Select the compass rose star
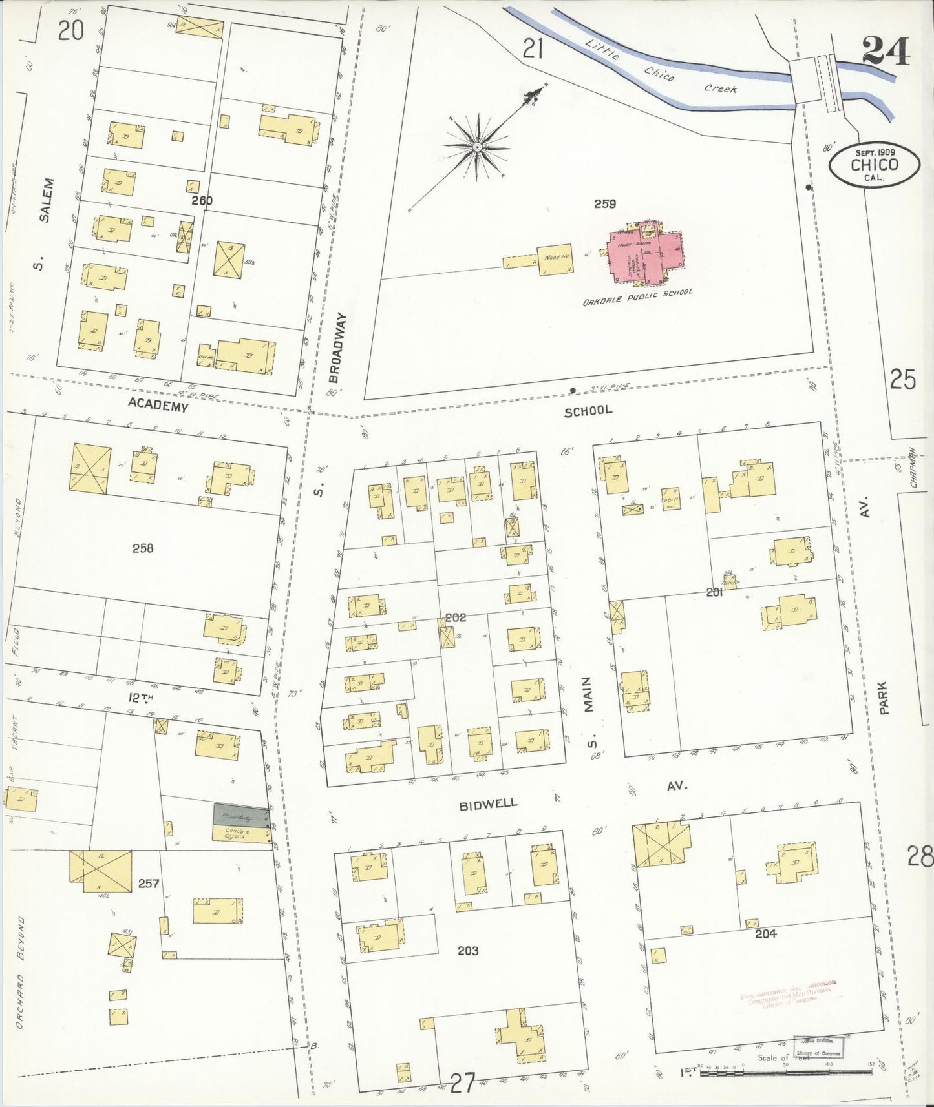coord(477,147)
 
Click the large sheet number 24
coord(886,51)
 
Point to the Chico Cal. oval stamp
coord(875,164)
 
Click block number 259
coord(604,204)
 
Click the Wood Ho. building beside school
coord(555,258)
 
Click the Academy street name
coord(158,406)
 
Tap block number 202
coord(456,617)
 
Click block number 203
coord(467,951)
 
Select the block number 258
coord(143,548)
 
